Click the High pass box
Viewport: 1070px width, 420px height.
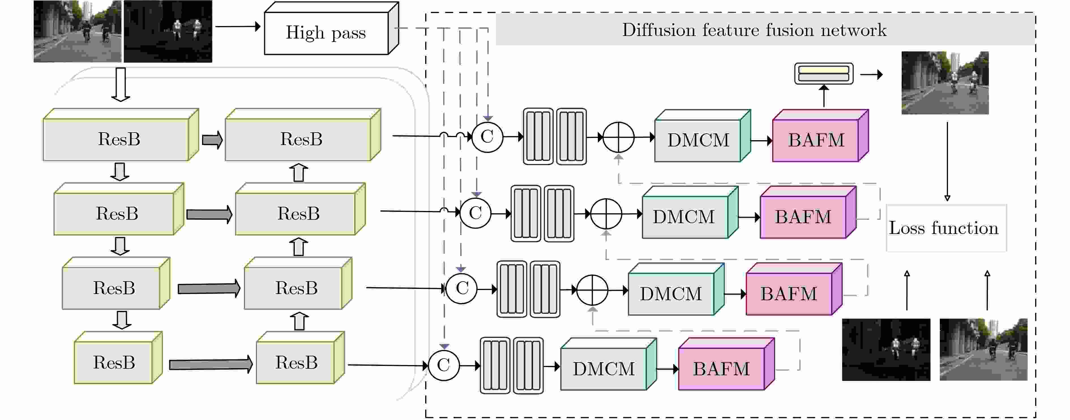(331, 28)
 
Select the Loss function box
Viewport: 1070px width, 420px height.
(946, 228)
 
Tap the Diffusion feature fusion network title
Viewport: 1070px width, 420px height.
(754, 30)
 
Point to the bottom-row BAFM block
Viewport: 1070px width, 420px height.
(726, 364)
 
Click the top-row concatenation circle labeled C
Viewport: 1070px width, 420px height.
(487, 137)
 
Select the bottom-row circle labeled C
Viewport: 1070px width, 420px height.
(444, 365)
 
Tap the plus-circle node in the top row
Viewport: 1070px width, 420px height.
(619, 137)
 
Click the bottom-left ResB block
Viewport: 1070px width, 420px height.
(118, 357)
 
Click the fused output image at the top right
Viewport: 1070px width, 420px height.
(945, 83)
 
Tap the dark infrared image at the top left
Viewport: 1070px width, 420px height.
(168, 31)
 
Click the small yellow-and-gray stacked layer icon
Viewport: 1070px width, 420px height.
(824, 74)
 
